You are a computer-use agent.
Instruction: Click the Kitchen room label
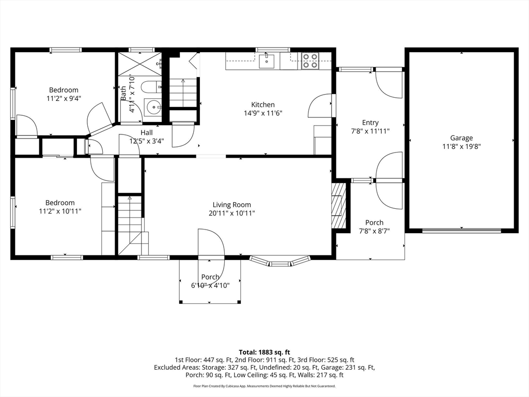[x=263, y=104]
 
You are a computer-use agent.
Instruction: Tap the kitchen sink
[x=267, y=61]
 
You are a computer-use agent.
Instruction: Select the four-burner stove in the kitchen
[x=310, y=61]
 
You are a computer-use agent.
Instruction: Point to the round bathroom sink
[x=153, y=108]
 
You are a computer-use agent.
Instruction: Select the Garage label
[x=461, y=138]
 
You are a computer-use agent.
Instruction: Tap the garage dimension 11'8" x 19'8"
[x=461, y=146]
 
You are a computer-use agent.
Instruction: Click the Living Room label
[x=232, y=205]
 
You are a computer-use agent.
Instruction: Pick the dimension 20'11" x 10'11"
[x=232, y=213]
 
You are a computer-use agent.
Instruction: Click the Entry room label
[x=370, y=123]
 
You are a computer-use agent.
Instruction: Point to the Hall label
[x=147, y=133]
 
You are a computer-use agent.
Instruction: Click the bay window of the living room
[x=280, y=261]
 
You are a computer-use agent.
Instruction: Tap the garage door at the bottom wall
[x=461, y=231]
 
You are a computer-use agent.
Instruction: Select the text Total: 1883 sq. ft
[x=264, y=353]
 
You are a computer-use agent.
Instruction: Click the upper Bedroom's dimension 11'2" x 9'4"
[x=64, y=99]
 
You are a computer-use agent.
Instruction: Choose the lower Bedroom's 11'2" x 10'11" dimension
[x=60, y=211]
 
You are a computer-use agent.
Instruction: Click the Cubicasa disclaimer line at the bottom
[x=264, y=386]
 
